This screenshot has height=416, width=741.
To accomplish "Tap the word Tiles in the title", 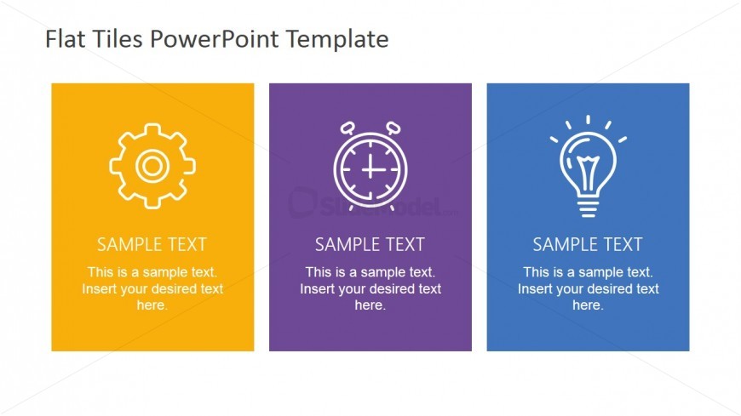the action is (x=118, y=39).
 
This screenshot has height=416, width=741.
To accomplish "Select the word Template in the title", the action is (x=337, y=40).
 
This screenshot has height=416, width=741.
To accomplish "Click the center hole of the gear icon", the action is (x=152, y=166).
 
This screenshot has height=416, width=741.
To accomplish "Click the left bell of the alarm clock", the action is (x=348, y=128).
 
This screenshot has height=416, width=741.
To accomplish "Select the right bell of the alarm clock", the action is (x=393, y=128).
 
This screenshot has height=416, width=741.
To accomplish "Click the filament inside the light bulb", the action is (x=588, y=172).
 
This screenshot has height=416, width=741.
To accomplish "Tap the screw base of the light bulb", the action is (x=588, y=208).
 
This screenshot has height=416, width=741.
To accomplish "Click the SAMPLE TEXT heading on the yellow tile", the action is (x=152, y=245).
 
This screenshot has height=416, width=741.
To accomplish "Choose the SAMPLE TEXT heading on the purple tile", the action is (x=370, y=245).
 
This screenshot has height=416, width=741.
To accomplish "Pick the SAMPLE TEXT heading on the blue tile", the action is (x=588, y=245).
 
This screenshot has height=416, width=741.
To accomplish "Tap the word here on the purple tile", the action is (x=369, y=305).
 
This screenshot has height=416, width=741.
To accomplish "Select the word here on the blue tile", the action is (x=587, y=305).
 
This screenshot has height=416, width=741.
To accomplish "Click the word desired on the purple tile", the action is (x=391, y=288).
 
